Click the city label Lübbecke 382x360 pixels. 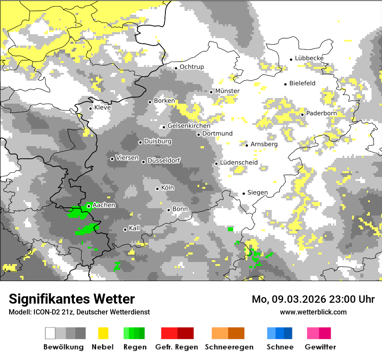309,59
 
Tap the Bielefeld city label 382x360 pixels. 302,83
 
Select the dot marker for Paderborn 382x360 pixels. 302,115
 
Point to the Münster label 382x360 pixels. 227,91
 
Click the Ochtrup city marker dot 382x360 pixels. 176,68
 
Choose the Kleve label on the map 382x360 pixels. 102,108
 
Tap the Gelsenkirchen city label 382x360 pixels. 189,126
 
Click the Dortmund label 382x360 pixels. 217,134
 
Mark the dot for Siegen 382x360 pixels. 244,193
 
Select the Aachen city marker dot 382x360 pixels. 89,206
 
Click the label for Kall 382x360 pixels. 135,228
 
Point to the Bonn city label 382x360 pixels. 180,209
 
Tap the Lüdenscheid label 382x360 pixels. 239,163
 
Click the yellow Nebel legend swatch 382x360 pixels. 103,333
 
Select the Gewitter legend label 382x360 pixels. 320,347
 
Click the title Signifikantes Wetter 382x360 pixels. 72,299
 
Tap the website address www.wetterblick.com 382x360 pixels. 313,312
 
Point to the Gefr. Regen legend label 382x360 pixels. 177,347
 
